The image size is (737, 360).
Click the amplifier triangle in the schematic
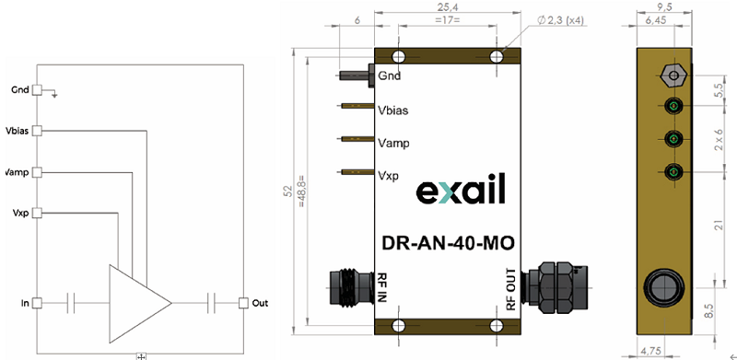(136, 304)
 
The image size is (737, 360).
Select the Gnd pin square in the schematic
(37, 90)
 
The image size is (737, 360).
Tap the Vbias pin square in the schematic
(37, 131)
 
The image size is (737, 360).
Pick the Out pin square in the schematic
(243, 303)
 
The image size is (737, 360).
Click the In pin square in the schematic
(37, 303)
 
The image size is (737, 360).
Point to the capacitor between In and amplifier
(71, 303)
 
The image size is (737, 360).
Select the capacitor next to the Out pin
(212, 303)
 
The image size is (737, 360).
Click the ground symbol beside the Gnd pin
(54, 94)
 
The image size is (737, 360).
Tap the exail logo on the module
(461, 189)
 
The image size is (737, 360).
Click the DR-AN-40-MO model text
(448, 243)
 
